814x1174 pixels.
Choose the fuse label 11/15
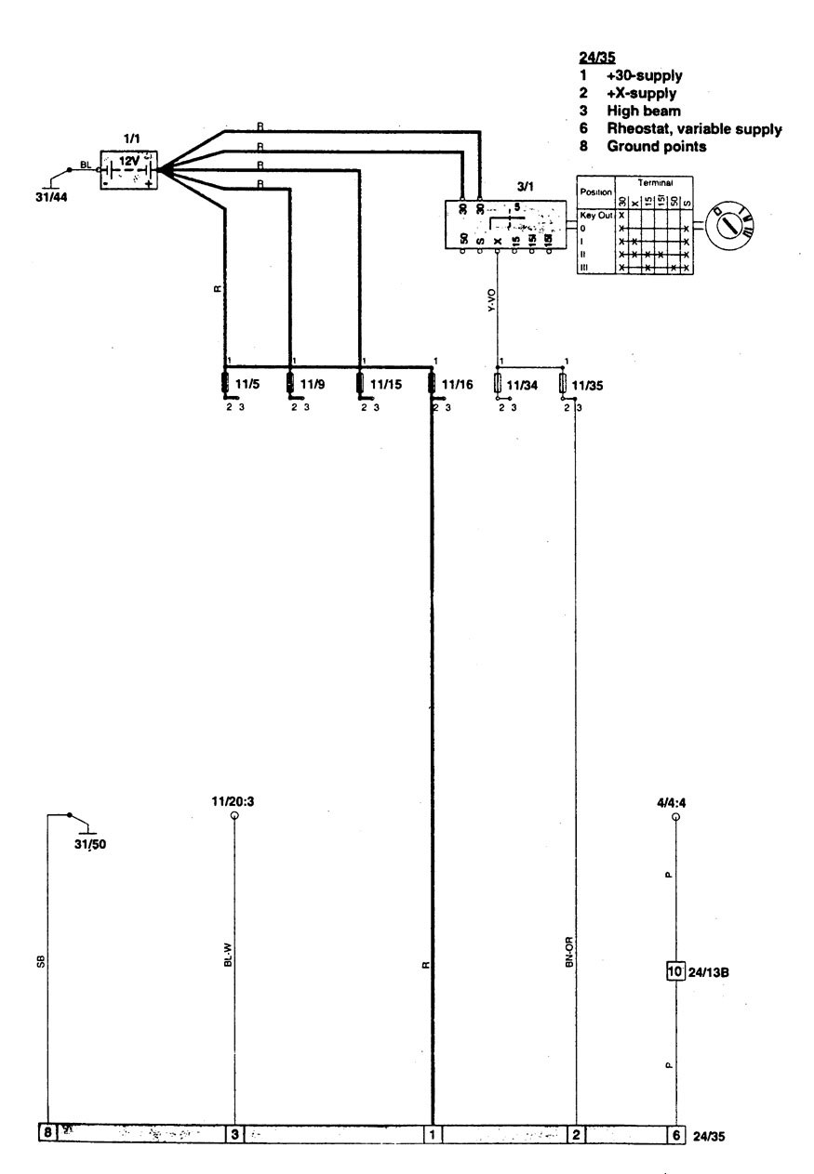click(x=385, y=382)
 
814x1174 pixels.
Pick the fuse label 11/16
click(x=456, y=382)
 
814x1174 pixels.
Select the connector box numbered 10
click(x=675, y=973)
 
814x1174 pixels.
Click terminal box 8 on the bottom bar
click(x=47, y=1133)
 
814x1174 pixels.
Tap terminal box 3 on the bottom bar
click(x=235, y=1134)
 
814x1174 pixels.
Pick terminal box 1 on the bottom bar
click(x=433, y=1134)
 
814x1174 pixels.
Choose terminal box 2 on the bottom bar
click(x=577, y=1134)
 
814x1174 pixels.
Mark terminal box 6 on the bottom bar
click(x=676, y=1134)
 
